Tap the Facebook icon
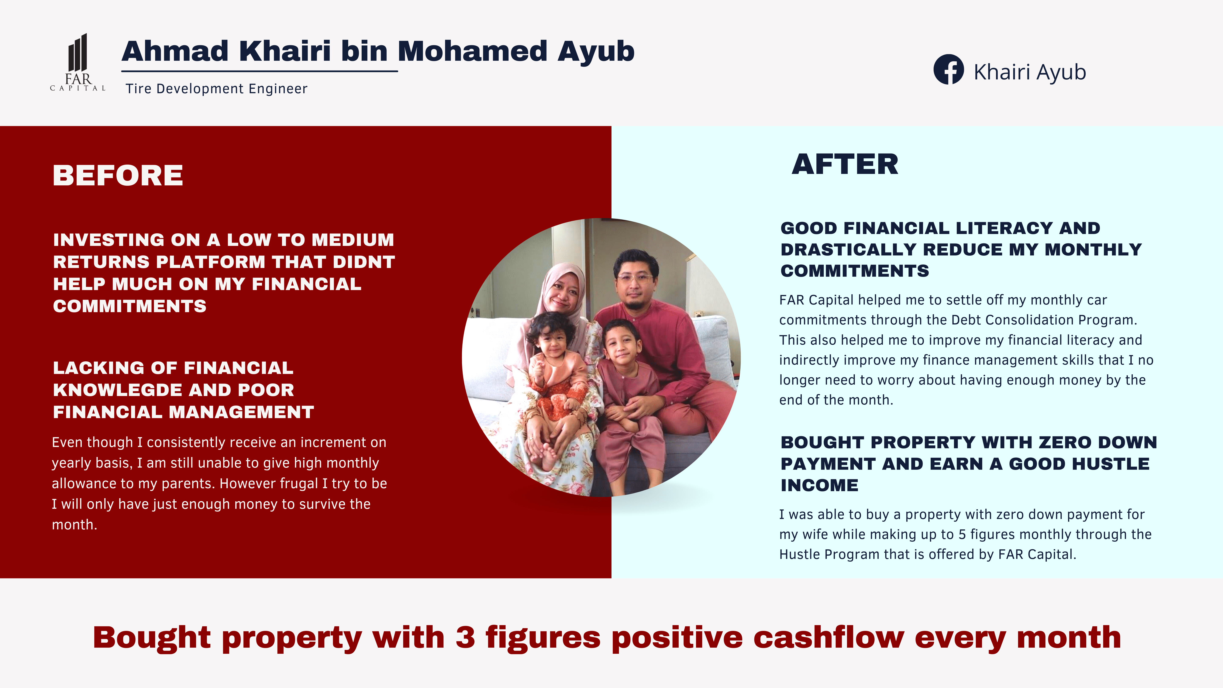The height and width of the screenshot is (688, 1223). pos(948,69)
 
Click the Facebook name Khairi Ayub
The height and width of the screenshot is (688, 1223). pos(1029,72)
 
